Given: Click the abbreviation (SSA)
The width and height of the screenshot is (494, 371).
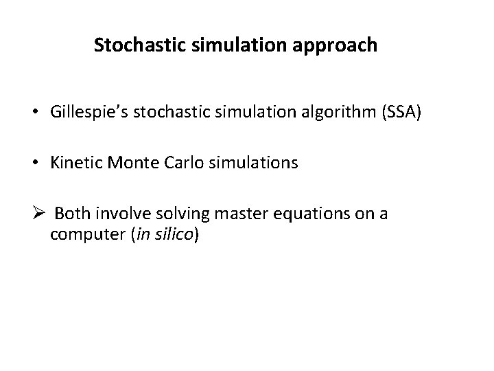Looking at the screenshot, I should click(x=400, y=113).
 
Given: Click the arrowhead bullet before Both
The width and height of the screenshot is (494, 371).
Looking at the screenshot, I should click(x=38, y=214).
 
